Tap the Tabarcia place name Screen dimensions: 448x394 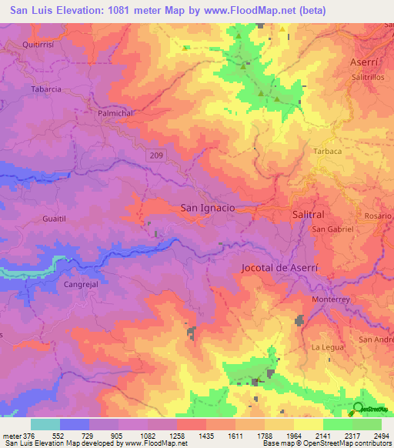pos(45,89)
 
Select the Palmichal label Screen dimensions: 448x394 pos(118,112)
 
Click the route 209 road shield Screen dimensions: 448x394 pos(156,156)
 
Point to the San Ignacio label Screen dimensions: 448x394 pos(207,208)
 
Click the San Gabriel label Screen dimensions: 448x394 pos(332,229)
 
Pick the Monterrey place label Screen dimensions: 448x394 pos(331,299)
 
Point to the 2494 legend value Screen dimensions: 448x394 pos(381,436)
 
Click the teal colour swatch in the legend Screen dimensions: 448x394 pos(45,424)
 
